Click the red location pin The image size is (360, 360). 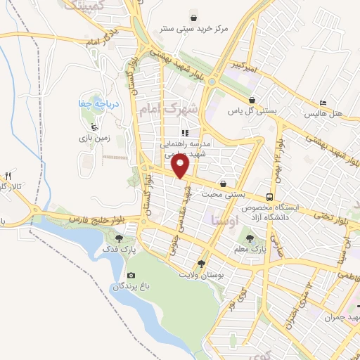(x=181, y=166)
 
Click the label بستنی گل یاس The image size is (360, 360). (x=252, y=111)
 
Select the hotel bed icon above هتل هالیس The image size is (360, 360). (x=323, y=101)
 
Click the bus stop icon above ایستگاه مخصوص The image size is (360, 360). (x=270, y=197)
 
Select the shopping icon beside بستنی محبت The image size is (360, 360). (x=224, y=181)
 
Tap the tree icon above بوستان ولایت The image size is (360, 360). (x=202, y=263)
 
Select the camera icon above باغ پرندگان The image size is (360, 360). (x=130, y=275)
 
